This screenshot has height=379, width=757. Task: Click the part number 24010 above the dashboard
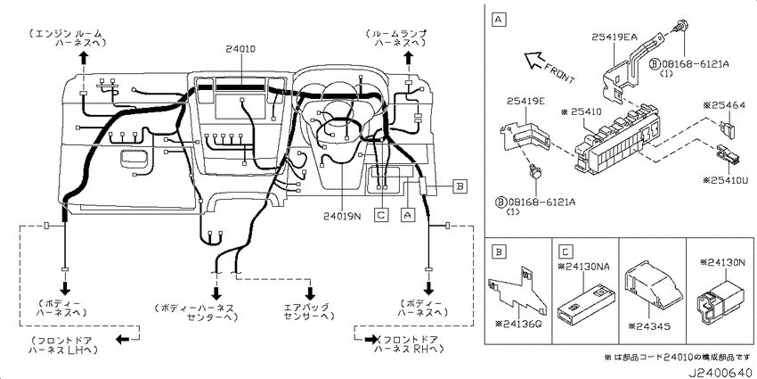tap(240, 49)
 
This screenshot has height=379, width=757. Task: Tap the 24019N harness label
tap(342, 216)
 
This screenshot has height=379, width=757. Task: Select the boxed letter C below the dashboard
tap(381, 214)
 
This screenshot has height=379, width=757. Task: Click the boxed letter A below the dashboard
tap(409, 214)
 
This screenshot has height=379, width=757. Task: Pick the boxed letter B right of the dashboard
tap(460, 185)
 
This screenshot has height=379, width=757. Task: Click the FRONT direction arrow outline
tap(535, 61)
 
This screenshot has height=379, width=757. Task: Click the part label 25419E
tap(525, 101)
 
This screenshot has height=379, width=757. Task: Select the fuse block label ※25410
tap(581, 111)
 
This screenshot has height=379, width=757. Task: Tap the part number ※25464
tap(724, 105)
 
